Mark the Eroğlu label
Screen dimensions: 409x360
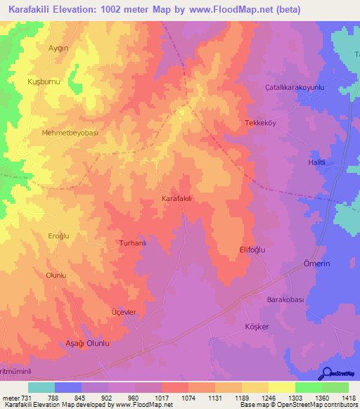click(x=60, y=236)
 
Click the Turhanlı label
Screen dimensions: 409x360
click(x=131, y=243)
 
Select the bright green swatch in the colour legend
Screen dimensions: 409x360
click(x=309, y=387)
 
